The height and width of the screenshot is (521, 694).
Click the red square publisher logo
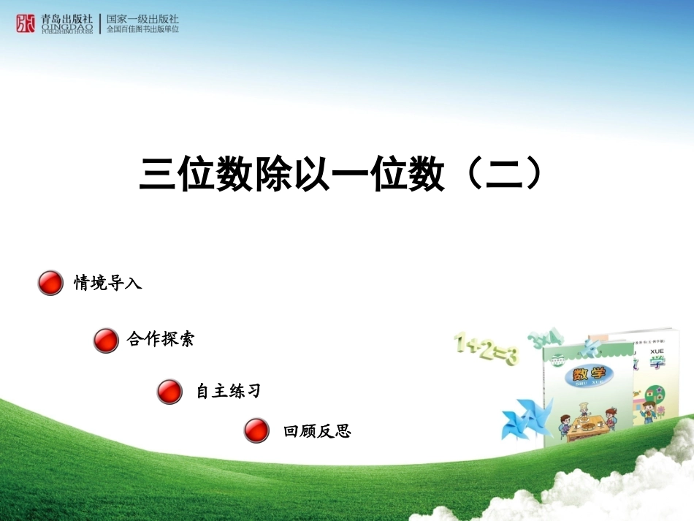(x=26, y=23)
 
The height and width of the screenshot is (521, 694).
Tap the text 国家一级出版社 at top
(x=142, y=18)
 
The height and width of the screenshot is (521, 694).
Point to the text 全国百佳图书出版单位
(x=142, y=30)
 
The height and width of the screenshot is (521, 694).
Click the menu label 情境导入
(x=107, y=283)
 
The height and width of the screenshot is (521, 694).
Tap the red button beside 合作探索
(x=106, y=341)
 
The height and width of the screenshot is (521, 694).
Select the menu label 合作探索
(x=160, y=340)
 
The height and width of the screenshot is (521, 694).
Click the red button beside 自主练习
(x=169, y=392)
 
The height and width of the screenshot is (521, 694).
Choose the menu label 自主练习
(x=228, y=392)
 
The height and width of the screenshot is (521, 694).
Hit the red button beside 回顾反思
(x=256, y=431)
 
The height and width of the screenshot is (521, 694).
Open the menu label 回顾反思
(x=317, y=432)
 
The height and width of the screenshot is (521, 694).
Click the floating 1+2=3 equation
(x=486, y=349)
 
